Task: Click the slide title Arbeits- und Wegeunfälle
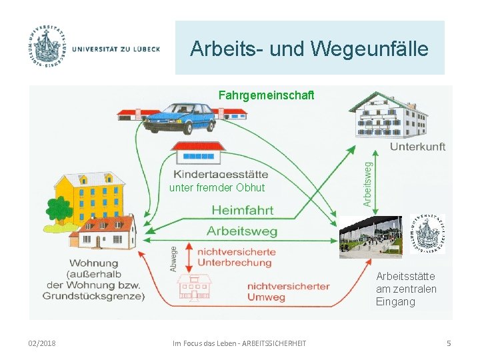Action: coord(309,49)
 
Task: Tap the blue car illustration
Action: coord(180,119)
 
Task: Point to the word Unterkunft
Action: coord(417,146)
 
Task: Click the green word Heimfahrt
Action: coord(242,210)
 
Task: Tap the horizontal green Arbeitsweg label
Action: coord(241,231)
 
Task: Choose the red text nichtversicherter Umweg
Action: coord(288,291)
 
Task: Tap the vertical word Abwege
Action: coord(174,259)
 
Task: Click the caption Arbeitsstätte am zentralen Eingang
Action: coord(406,289)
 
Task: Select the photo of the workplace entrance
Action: coord(371,236)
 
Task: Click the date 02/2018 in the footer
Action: coord(42,343)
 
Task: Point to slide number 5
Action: coord(449,343)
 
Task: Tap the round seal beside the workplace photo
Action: coord(427,234)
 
